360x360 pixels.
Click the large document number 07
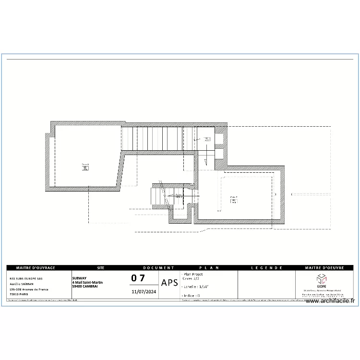[138, 278]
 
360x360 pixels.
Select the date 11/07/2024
[144, 291]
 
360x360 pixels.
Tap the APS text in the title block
[170, 283]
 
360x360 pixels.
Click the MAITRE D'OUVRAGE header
[36, 268]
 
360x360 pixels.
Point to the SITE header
[100, 268]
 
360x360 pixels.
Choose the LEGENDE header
[267, 268]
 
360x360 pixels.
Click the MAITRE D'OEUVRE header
[325, 268]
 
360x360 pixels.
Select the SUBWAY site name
[80, 278]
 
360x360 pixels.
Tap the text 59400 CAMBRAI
[85, 286]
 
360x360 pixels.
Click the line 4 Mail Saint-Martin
[87, 282]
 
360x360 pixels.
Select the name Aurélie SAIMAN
[22, 284]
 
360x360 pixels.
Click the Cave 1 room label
[85, 165]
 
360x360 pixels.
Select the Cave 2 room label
[234, 198]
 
